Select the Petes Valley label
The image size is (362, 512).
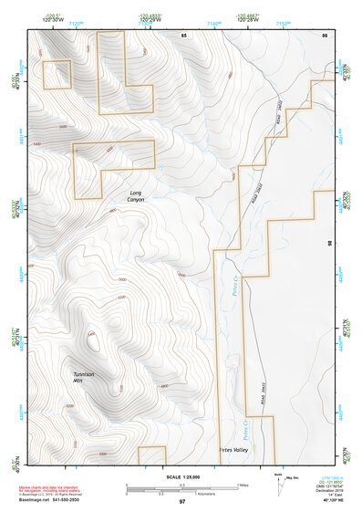(233, 450)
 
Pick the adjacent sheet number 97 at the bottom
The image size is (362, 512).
(182, 502)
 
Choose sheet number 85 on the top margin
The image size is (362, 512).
(183, 35)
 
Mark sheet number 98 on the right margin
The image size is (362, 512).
(329, 244)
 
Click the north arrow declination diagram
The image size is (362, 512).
(278, 481)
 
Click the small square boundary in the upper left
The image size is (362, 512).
(57, 75)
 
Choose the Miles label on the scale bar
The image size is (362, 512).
(243, 485)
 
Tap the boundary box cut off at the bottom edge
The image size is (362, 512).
(150, 455)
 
